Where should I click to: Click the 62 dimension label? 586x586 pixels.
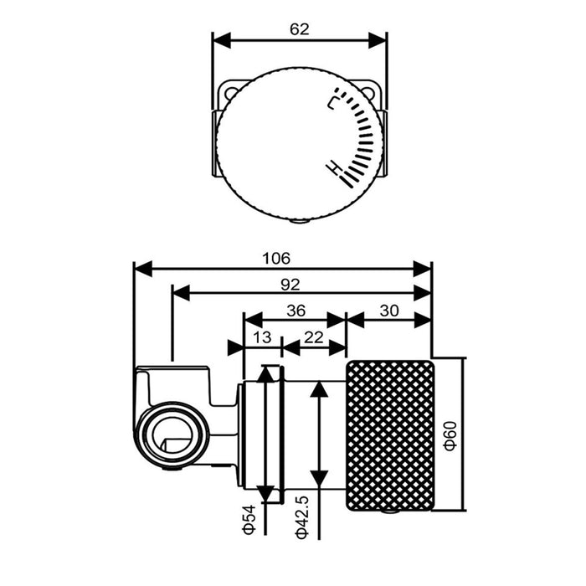300,29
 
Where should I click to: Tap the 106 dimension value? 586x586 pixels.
276,258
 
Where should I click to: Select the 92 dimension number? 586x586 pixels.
290,285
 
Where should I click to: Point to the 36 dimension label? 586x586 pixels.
296,311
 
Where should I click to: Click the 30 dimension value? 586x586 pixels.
389,311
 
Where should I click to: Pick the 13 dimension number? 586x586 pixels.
262,337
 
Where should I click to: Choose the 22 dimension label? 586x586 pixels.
314,337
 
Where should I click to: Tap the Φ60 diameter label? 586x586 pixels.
450,435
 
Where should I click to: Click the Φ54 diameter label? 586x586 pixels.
249,519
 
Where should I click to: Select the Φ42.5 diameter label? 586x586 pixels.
301,517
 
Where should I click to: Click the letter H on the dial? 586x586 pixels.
334,167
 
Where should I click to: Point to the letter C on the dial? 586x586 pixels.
332,103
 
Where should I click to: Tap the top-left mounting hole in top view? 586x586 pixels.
231,92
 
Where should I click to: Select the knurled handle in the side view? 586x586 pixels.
391,436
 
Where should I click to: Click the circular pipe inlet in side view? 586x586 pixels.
171,435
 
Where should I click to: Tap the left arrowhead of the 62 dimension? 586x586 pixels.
222,40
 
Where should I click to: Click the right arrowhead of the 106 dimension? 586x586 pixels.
422,269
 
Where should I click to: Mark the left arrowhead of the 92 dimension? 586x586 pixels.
182,294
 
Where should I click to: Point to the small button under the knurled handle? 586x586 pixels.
389,512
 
